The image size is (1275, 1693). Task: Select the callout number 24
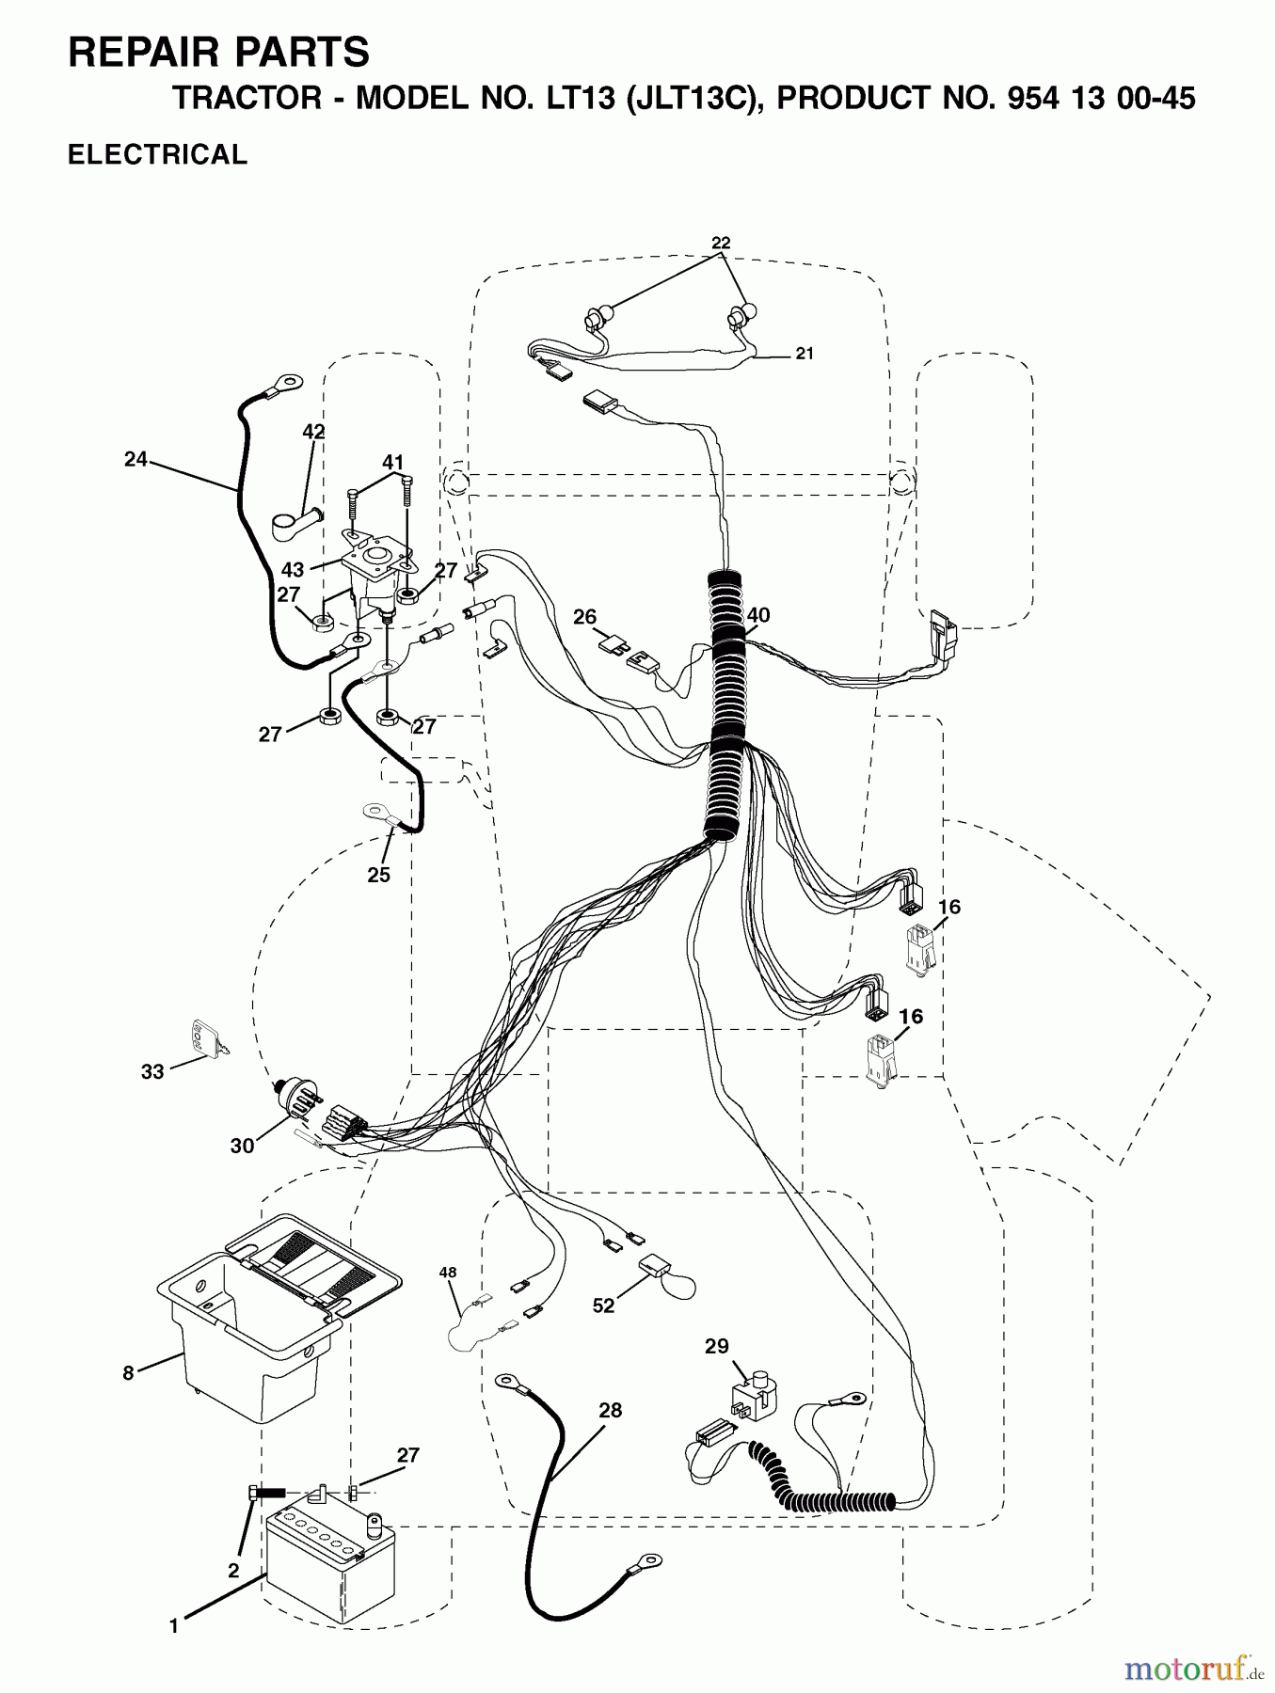136,460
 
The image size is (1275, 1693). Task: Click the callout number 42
313,432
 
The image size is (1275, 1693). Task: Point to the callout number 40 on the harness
757,615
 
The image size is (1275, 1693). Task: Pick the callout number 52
603,1305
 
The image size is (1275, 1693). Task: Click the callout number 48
448,1273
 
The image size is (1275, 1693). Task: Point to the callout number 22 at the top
721,243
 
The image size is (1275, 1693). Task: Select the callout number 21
804,354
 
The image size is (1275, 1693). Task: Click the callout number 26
584,617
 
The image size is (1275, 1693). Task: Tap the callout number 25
378,875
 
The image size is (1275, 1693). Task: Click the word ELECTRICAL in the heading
158,154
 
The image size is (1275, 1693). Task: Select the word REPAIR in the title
139,53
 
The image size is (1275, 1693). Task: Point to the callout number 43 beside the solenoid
293,571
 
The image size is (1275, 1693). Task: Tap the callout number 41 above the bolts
392,462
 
